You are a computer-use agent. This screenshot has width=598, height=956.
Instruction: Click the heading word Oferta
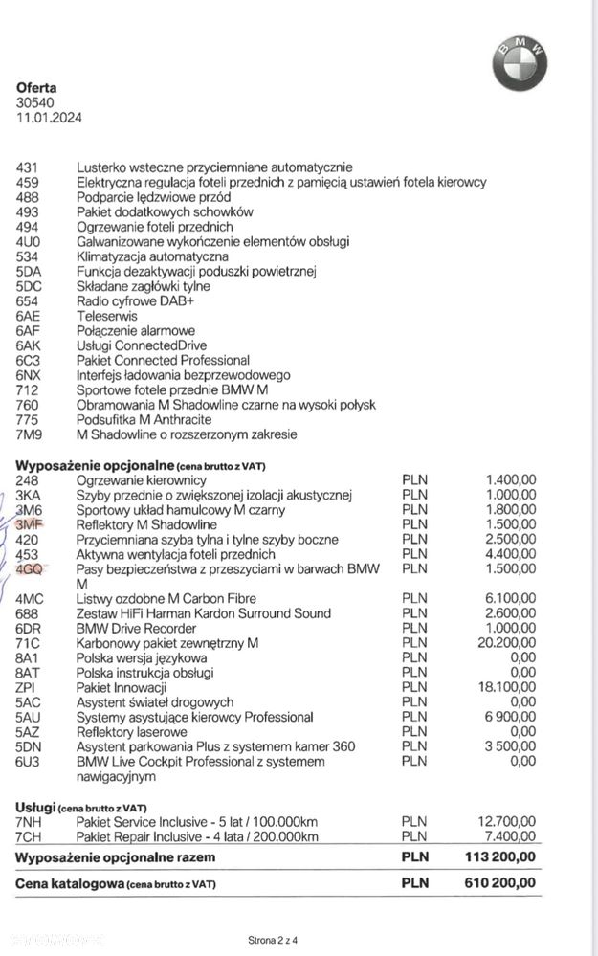36,87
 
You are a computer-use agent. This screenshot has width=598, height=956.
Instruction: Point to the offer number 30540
34,102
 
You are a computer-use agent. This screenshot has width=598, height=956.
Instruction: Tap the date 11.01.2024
48,118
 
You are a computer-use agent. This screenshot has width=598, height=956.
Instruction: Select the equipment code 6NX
29,376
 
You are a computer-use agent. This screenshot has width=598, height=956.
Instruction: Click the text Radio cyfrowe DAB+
131,300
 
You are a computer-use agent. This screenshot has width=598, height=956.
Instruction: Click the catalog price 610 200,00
499,883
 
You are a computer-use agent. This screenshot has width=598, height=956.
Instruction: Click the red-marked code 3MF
30,525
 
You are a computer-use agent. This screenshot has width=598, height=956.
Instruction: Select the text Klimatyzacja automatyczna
152,256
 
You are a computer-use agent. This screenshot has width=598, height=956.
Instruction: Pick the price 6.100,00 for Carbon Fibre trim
509,599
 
